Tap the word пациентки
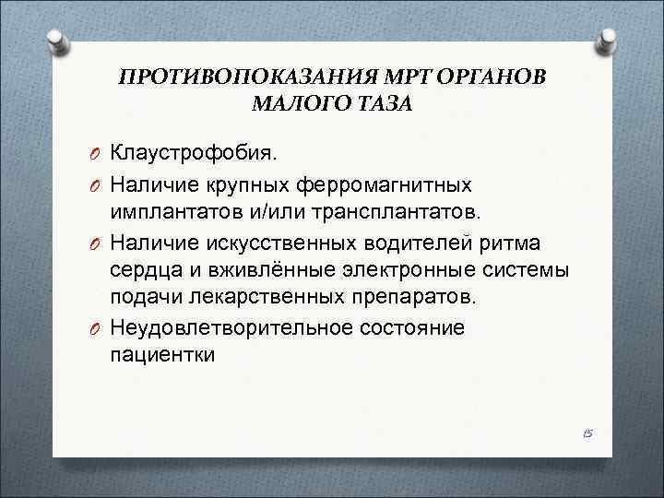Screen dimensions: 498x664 click(162, 355)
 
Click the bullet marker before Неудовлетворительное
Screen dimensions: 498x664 click(95, 328)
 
